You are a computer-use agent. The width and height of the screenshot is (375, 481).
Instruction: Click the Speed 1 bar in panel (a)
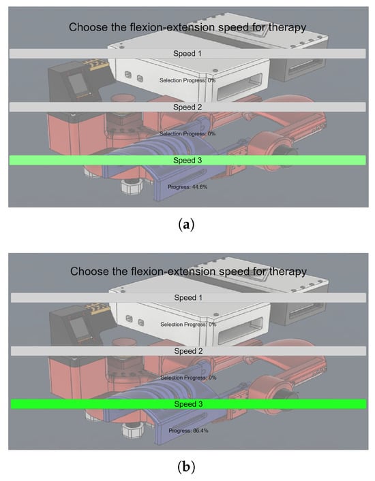(187, 54)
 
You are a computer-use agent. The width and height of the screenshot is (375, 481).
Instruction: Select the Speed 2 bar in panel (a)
(187, 107)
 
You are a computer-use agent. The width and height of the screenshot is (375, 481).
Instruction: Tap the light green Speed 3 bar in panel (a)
(187, 161)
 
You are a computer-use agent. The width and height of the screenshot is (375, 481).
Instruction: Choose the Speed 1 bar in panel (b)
(188, 298)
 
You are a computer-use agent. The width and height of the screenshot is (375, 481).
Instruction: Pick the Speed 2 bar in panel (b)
(188, 351)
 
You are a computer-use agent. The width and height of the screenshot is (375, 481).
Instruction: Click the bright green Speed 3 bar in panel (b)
(188, 404)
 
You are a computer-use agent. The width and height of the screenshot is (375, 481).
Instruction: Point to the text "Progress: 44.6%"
(187, 187)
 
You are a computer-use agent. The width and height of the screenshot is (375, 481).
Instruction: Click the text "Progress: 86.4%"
(188, 431)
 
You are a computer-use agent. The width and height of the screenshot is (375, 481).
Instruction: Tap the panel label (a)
(186, 225)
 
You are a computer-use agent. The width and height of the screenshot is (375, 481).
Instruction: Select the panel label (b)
(186, 467)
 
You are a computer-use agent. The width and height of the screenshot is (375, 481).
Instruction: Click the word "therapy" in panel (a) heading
(288, 28)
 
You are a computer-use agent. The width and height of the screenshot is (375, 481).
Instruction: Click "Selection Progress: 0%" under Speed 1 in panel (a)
(187, 80)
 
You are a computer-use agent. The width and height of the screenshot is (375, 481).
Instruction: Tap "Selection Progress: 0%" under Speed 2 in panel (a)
(187, 134)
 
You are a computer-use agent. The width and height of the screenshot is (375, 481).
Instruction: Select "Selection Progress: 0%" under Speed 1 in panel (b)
(188, 325)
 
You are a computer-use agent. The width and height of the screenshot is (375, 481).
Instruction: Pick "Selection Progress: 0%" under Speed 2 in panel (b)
(188, 378)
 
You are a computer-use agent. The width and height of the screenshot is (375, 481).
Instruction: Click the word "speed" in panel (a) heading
(233, 28)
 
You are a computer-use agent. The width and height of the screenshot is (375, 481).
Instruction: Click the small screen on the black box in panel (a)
(78, 84)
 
